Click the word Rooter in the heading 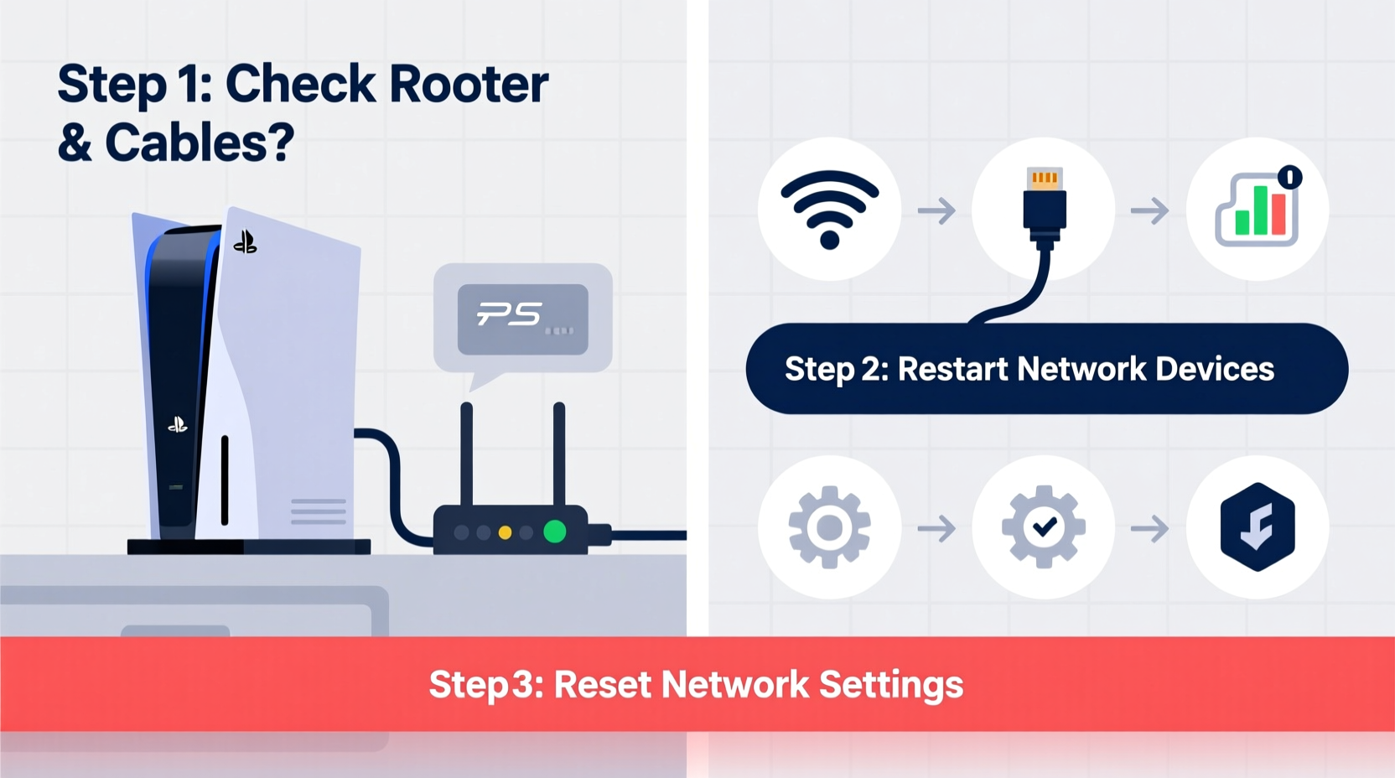(x=469, y=85)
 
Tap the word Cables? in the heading (x=200, y=143)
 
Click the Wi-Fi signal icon (x=829, y=209)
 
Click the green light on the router (x=554, y=532)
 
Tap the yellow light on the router (x=505, y=532)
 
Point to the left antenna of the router (x=467, y=453)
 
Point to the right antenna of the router (x=559, y=453)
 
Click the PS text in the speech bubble (x=510, y=315)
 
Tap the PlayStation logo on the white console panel (x=245, y=242)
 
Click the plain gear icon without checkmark (x=829, y=527)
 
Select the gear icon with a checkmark (x=1044, y=527)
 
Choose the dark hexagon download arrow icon (x=1257, y=527)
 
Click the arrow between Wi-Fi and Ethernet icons (x=936, y=210)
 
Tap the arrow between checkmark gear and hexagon (x=1149, y=529)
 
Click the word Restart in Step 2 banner (x=952, y=370)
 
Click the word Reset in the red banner (x=602, y=685)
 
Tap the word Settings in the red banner (x=890, y=685)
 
